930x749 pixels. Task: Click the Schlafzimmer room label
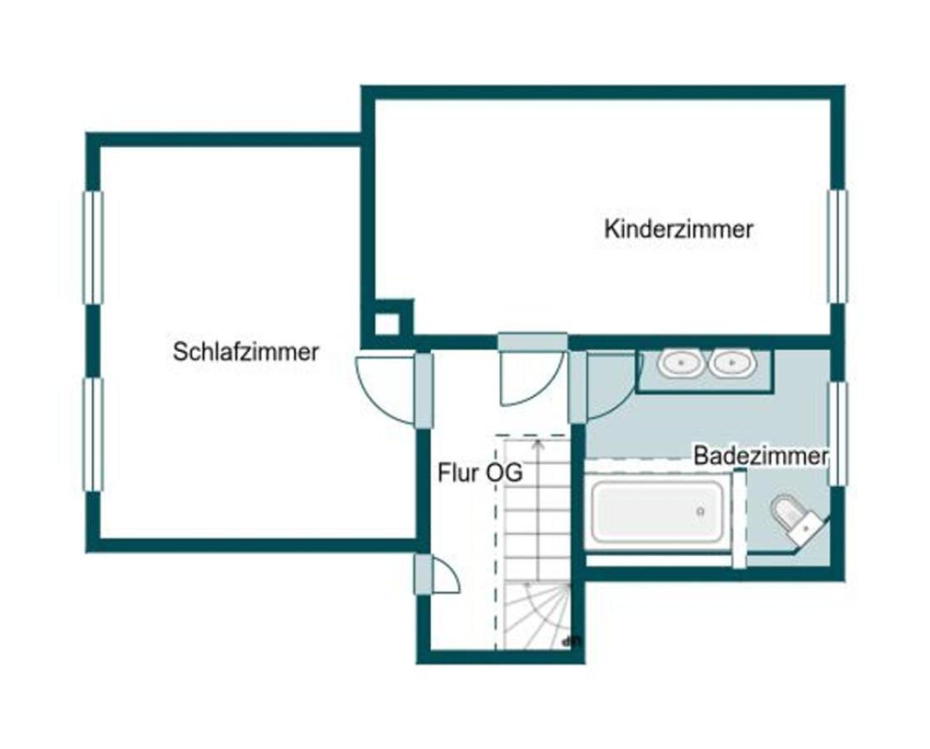tap(245, 351)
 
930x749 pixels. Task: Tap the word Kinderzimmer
tap(678, 229)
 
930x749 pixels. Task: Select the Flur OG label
tap(480, 474)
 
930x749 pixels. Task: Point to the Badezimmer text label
tap(760, 456)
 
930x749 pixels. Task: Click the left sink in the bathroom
tap(681, 363)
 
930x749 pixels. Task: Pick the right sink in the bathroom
tap(732, 363)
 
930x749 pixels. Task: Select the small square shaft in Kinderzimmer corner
tap(387, 323)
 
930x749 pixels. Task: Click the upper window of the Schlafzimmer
tap(93, 247)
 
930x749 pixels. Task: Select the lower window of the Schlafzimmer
tap(93, 434)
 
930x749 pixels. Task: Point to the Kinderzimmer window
tap(836, 246)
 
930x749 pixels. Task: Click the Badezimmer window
tap(838, 434)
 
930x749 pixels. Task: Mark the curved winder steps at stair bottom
tap(538, 616)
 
